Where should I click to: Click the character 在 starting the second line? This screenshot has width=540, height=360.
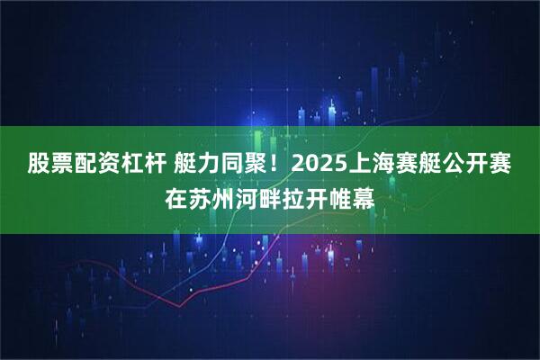pyautogui.click(x=176, y=195)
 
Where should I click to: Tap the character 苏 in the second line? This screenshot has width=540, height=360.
pyautogui.click(x=200, y=195)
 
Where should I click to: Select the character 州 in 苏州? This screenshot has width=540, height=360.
pyautogui.click(x=223, y=195)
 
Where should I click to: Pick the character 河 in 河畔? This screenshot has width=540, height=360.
pyautogui.click(x=247, y=195)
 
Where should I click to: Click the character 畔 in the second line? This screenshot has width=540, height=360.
pyautogui.click(x=270, y=195)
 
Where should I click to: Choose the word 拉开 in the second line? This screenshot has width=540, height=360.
pyautogui.click(x=305, y=195)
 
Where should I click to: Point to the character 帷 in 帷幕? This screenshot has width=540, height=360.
pyautogui.click(x=340, y=195)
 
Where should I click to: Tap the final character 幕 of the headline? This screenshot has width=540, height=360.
pyautogui.click(x=364, y=195)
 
